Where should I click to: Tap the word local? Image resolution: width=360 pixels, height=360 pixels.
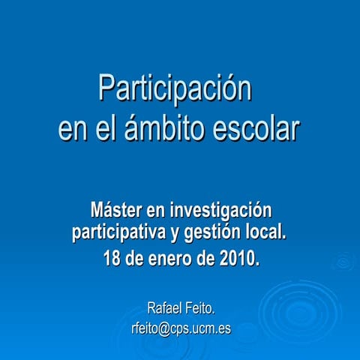point(267,232)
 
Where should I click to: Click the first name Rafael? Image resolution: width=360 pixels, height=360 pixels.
point(166,307)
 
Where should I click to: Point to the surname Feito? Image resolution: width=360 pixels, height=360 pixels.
point(202,307)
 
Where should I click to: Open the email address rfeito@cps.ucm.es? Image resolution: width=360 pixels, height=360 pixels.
point(180,328)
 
